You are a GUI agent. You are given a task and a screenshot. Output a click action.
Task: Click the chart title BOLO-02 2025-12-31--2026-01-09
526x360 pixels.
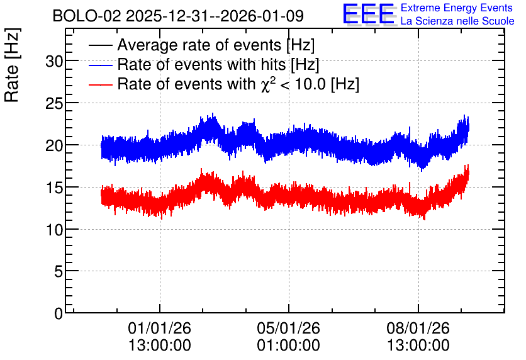click(178, 16)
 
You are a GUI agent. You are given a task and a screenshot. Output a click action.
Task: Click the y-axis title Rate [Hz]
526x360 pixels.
click(13, 65)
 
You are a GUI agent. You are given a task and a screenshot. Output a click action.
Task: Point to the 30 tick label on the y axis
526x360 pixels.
click(54, 62)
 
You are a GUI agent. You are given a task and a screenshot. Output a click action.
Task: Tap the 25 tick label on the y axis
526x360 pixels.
click(54, 104)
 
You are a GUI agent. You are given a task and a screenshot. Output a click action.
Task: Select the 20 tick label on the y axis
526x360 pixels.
click(54, 145)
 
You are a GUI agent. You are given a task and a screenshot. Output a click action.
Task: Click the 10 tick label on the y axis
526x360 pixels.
click(54, 230)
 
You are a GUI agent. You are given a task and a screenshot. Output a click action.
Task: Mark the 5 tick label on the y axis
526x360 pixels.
click(59, 272)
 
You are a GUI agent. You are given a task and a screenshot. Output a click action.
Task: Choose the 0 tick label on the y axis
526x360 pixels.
click(59, 313)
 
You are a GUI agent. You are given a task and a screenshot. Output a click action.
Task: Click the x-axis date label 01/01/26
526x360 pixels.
click(159, 328)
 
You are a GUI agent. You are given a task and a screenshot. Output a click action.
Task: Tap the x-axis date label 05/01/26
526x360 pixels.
click(289, 328)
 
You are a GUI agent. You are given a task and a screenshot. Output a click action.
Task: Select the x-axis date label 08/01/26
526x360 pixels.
click(418, 328)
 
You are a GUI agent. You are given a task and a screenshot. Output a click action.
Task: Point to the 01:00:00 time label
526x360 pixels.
click(289, 346)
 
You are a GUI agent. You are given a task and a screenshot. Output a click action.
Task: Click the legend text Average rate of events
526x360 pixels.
click(200, 45)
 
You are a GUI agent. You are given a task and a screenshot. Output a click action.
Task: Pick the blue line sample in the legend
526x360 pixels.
click(101, 65)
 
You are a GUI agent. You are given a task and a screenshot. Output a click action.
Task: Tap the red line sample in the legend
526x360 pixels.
click(101, 84)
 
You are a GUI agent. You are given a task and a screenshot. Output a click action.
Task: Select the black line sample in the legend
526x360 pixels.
click(101, 45)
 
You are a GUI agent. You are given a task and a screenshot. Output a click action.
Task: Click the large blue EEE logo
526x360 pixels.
click(368, 14)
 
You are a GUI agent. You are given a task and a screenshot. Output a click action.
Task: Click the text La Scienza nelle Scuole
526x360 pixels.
click(457, 21)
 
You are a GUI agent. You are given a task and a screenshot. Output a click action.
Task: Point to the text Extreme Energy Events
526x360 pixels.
click(457, 8)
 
